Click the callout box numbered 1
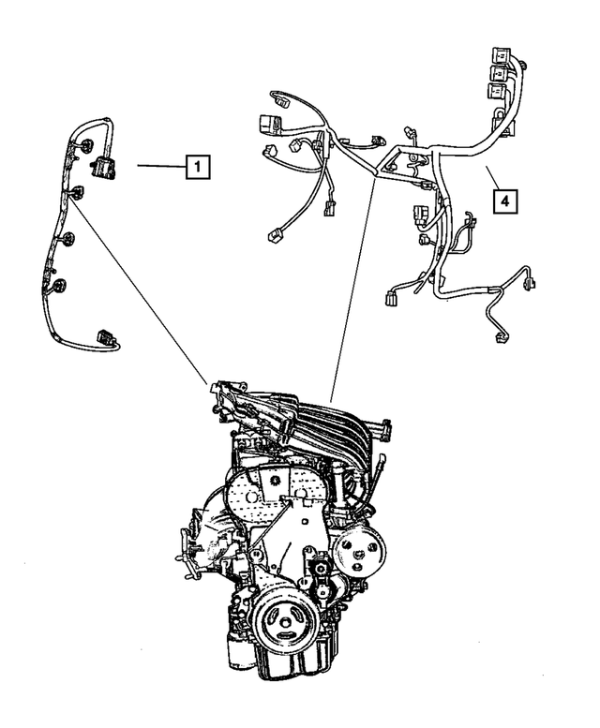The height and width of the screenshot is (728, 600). pyautogui.click(x=197, y=168)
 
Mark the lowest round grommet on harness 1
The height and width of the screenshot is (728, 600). pyautogui.click(x=60, y=285)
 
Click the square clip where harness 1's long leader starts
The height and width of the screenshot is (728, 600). pyautogui.click(x=75, y=193)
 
